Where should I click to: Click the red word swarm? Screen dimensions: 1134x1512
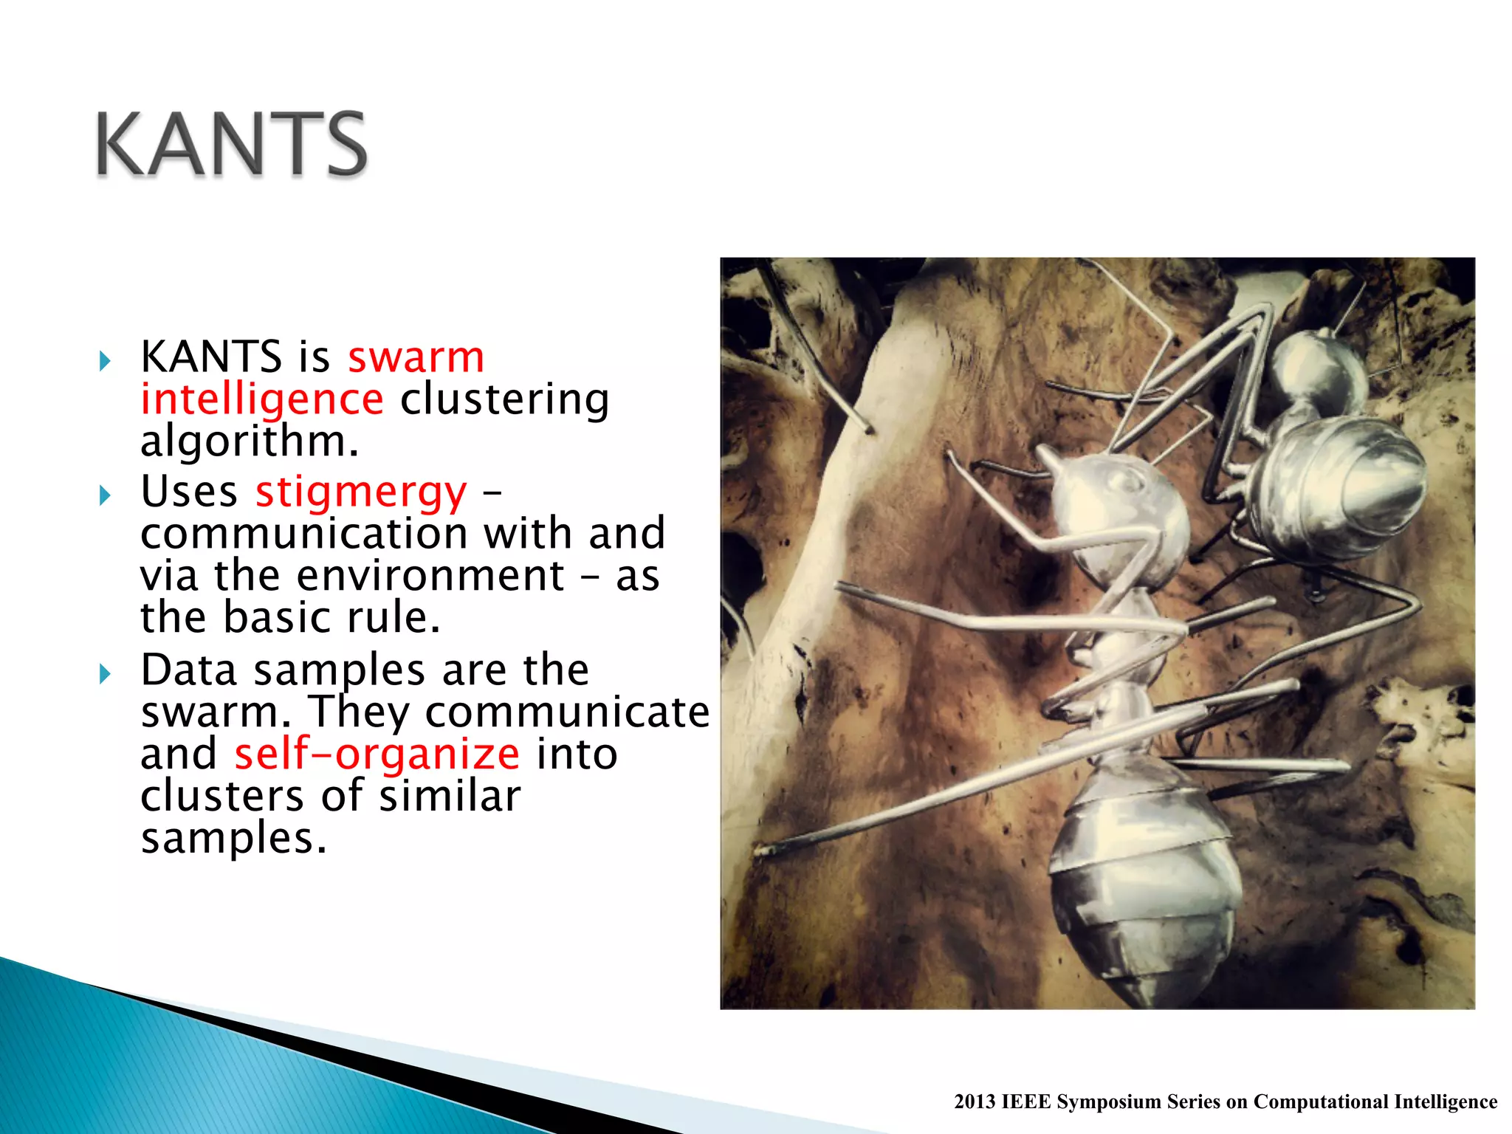(416, 357)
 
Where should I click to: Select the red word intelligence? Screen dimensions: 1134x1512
(262, 399)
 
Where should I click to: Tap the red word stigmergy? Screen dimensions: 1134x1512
(361, 492)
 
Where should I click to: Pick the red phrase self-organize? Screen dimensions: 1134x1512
(377, 755)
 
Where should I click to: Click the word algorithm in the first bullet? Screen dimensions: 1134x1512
(249, 441)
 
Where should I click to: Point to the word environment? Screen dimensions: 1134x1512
(430, 576)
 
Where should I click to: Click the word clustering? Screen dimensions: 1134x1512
(505, 399)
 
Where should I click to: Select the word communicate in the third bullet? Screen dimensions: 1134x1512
(567, 712)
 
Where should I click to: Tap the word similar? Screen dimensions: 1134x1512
(450, 797)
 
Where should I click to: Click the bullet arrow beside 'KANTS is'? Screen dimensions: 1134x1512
(105, 361)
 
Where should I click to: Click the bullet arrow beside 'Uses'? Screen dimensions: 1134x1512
(105, 495)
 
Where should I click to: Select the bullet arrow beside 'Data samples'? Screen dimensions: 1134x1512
(105, 673)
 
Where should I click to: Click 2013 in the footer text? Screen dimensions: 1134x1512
(974, 1102)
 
